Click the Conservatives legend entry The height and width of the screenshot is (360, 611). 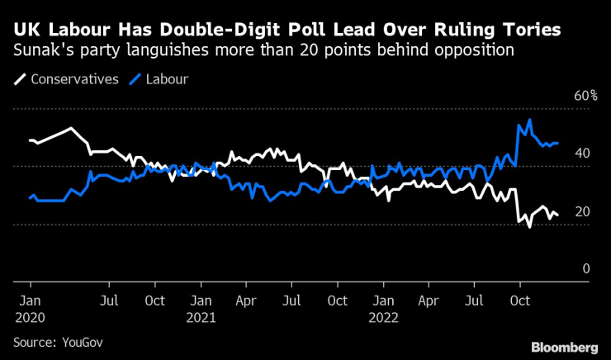click(74, 80)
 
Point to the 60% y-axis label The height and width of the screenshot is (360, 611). click(585, 97)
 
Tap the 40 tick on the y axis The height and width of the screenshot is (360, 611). click(581, 154)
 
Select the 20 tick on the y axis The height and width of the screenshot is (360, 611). click(581, 211)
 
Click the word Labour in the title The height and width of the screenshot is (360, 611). click(72, 31)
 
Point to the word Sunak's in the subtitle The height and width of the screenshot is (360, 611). click(38, 50)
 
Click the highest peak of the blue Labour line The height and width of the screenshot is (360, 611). click(528, 120)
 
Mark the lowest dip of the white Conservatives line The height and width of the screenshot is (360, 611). click(529, 226)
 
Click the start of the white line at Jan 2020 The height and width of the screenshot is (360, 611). click(30, 140)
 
